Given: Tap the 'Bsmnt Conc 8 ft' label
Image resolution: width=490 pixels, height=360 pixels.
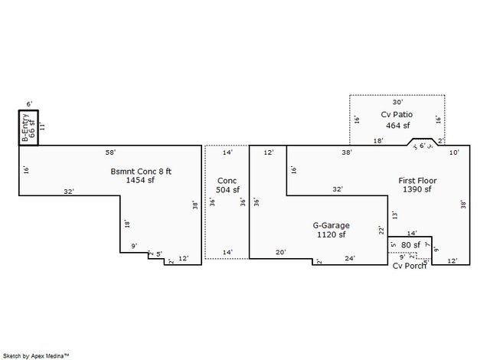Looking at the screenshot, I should click(141, 171).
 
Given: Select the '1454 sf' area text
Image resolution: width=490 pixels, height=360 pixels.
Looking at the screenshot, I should click(141, 181).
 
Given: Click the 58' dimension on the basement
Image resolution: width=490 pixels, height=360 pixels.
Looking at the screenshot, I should click(110, 153).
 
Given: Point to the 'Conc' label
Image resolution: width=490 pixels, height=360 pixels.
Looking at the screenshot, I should click(227, 181).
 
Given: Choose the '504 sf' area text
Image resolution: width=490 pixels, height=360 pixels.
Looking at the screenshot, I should click(227, 190).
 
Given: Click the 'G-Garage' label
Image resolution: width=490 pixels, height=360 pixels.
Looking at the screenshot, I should click(331, 225).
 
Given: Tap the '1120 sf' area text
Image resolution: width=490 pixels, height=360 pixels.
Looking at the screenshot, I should click(331, 235).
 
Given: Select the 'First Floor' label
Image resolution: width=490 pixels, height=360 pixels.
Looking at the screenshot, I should click(417, 181).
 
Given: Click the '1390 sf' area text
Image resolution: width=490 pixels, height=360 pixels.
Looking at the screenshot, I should click(417, 190).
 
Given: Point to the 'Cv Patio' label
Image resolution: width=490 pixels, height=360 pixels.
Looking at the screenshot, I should click(397, 115).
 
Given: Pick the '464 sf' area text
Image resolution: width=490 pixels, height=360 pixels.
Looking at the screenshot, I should click(397, 125).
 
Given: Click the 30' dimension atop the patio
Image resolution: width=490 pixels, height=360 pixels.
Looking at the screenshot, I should click(397, 101).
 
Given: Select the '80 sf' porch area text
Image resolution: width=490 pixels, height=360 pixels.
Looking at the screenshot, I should click(411, 245).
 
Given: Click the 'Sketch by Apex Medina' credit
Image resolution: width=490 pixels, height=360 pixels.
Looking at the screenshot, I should click(36, 355).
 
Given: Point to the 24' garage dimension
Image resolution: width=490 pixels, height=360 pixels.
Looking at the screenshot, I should click(349, 259).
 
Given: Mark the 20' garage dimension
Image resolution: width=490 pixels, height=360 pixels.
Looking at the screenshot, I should click(280, 252).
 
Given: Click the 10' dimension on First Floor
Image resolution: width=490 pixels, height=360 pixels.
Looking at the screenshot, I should click(454, 153).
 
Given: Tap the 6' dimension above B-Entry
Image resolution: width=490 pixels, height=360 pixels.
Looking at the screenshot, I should click(29, 103).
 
